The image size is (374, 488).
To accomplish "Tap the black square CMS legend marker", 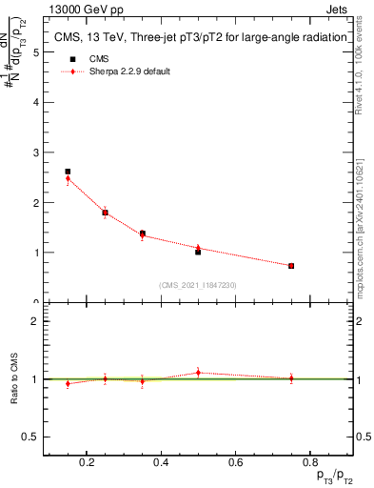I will (x=68, y=58).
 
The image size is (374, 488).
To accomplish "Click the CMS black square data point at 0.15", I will (x=68, y=172).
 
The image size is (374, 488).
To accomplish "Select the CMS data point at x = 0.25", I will (x=105, y=213).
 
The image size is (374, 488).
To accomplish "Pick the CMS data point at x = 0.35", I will (x=142, y=234).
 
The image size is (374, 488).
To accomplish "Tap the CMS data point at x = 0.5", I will (x=198, y=252).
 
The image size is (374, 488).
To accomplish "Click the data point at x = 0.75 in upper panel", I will (x=291, y=266).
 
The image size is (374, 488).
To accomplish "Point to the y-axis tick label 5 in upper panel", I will (x=35, y=53).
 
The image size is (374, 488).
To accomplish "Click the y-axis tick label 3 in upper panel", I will (x=35, y=152).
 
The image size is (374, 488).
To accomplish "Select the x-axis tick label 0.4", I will (x=160, y=464).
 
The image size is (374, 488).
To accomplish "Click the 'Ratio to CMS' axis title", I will (x=14, y=378).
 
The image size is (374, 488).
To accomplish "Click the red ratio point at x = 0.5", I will (x=198, y=373).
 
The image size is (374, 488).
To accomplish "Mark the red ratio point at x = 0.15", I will (x=68, y=383).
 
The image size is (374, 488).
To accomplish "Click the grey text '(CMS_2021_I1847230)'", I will (x=197, y=284).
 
